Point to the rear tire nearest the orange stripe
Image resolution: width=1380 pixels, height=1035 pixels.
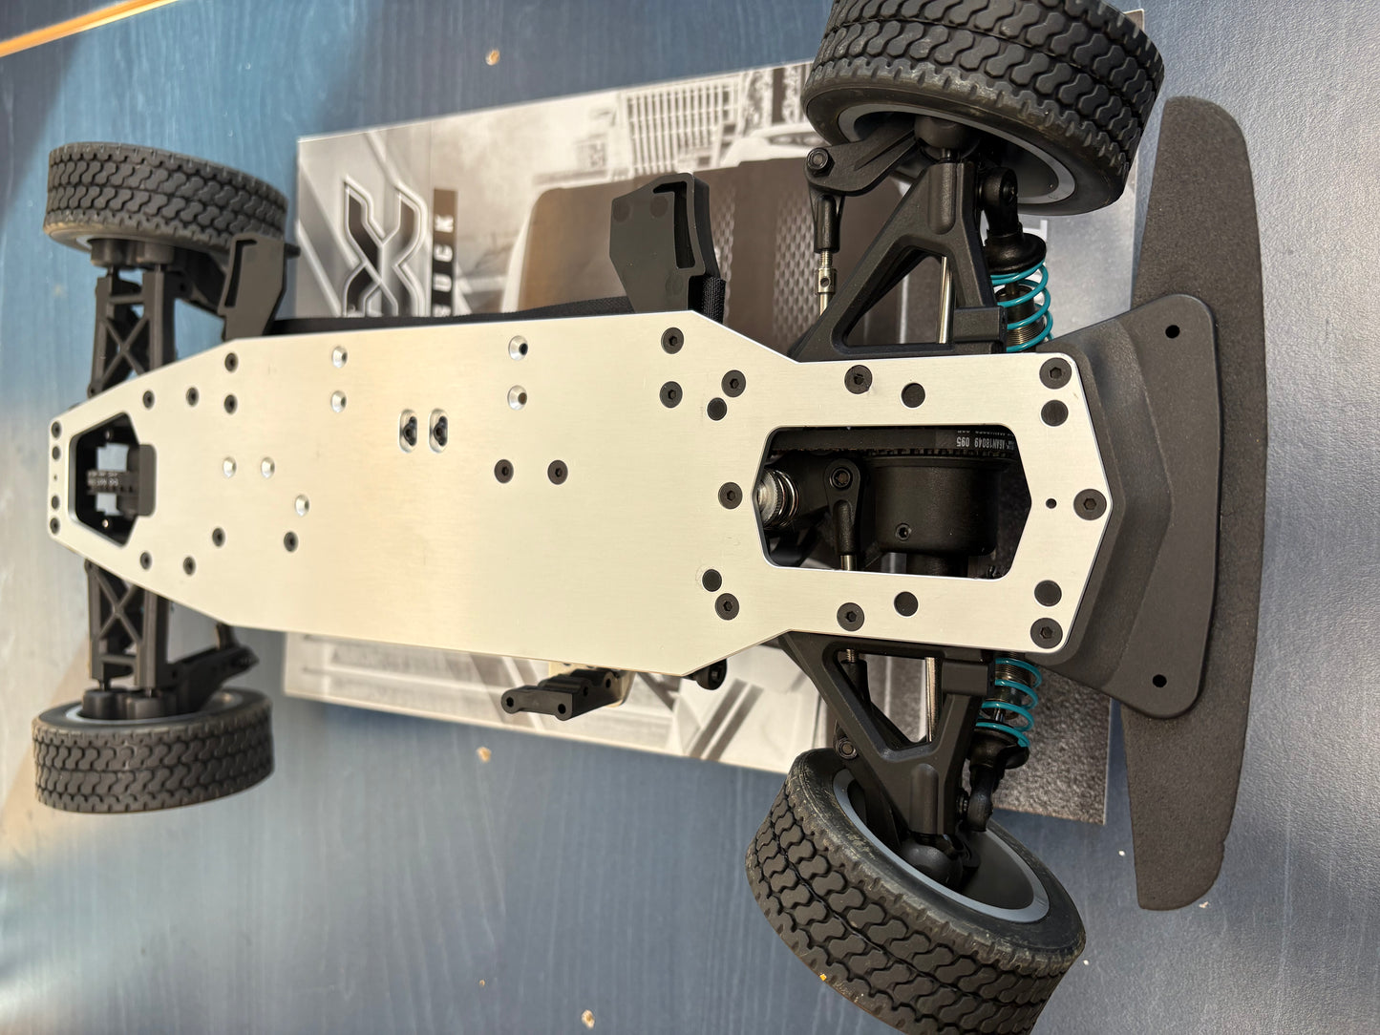(162, 196)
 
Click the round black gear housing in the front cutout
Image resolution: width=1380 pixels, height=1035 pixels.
(917, 501)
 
